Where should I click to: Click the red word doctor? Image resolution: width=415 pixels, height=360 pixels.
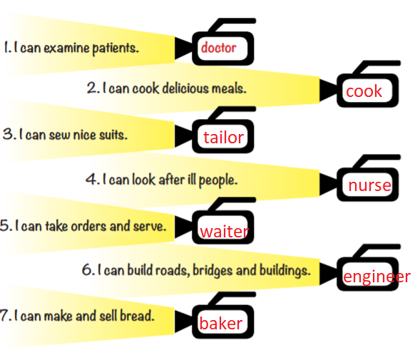(x=218, y=48)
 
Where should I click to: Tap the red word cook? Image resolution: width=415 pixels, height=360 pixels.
(x=364, y=91)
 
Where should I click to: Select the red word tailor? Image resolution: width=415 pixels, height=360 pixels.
(x=223, y=138)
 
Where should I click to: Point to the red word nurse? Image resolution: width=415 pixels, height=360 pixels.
(x=369, y=185)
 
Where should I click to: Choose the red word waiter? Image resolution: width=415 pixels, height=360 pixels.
(x=225, y=232)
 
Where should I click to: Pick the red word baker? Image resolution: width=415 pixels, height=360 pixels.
(x=221, y=323)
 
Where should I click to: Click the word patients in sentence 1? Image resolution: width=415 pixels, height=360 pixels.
(x=116, y=48)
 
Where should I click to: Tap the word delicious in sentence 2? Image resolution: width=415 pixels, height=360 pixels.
(x=185, y=88)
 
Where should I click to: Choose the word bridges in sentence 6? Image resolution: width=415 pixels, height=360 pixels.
(x=212, y=271)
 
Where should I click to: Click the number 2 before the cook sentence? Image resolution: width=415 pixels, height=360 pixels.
(x=92, y=88)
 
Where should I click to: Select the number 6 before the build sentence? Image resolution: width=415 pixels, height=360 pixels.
(x=87, y=269)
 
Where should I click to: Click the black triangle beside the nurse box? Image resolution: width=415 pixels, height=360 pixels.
(x=329, y=185)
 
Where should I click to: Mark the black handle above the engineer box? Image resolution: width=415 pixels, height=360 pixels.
(x=376, y=251)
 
